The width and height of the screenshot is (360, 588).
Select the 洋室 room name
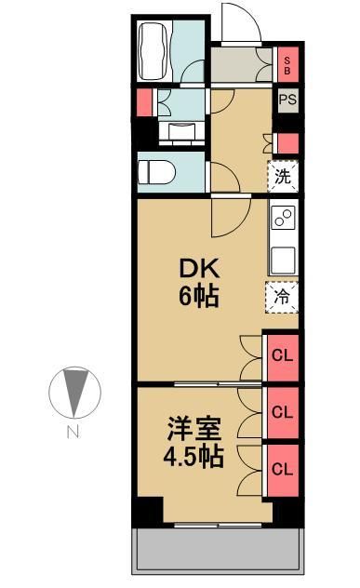point(194,430)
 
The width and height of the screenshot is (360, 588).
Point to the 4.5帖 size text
point(194,458)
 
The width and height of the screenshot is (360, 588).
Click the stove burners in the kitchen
point(283,220)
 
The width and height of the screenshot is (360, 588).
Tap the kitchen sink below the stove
point(283,257)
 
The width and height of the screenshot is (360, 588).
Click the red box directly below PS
point(288,143)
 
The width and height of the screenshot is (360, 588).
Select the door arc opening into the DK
point(225,219)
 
